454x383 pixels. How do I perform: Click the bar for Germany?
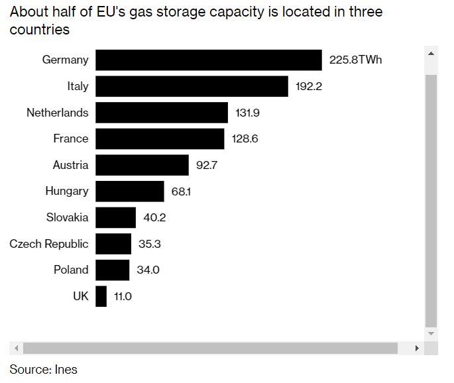tap(208, 60)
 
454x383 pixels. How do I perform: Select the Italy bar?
tap(192, 86)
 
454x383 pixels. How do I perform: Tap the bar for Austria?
tap(142, 165)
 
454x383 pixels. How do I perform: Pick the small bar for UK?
tap(101, 296)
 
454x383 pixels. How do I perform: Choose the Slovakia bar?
tap(115, 217)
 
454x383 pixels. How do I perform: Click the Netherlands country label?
tap(57, 113)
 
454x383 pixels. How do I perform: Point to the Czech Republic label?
tap(48, 244)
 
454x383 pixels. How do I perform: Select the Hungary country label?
tap(66, 191)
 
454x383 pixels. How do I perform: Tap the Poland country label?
tap(71, 270)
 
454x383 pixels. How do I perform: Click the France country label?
tap(70, 138)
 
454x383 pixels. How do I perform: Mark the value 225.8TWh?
tap(355, 60)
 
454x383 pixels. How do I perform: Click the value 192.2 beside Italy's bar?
tap(309, 86)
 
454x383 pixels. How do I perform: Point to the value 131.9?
tap(247, 113)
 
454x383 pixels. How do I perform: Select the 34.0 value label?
tap(148, 270)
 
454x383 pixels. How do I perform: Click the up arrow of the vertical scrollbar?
tap(431, 54)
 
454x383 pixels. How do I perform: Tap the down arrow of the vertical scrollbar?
tap(431, 333)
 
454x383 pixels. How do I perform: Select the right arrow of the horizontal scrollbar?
tap(417, 348)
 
